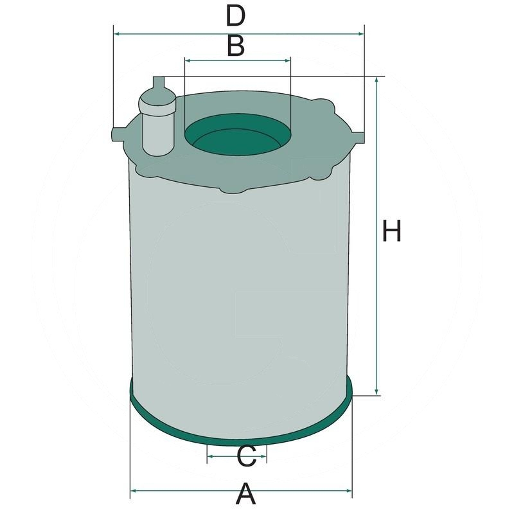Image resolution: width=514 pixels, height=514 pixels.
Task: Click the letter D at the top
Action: (x=236, y=16)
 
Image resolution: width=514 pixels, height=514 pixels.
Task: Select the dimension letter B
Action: (x=236, y=46)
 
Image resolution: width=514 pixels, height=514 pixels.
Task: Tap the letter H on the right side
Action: (x=392, y=231)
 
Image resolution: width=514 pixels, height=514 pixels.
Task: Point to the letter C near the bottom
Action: (x=247, y=457)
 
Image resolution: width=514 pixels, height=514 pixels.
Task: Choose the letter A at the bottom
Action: (x=246, y=495)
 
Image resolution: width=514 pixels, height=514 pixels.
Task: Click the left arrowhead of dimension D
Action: (x=116, y=33)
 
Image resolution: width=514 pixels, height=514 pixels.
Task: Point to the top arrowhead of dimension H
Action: (x=377, y=81)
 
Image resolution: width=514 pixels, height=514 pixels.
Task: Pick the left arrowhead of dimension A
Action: (x=134, y=492)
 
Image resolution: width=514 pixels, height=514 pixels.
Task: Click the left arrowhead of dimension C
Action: (x=210, y=457)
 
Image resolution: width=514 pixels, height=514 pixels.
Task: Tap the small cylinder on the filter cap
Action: (x=157, y=125)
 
